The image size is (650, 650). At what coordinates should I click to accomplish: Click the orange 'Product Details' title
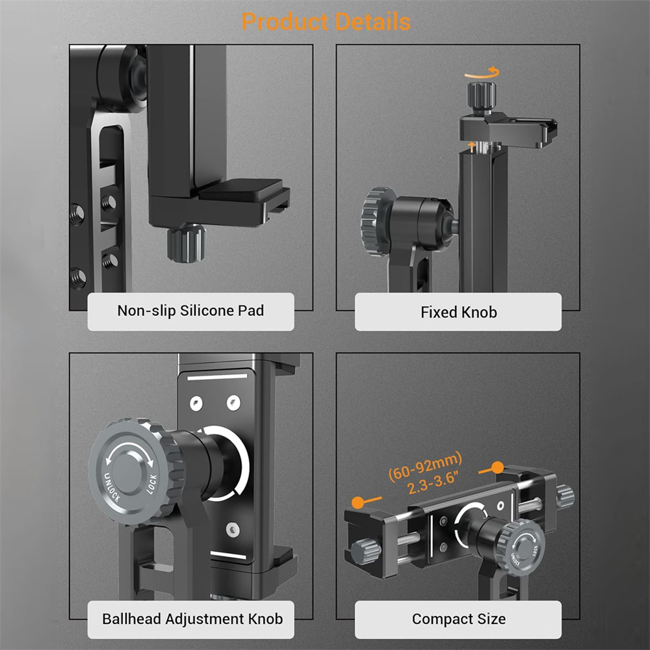326,21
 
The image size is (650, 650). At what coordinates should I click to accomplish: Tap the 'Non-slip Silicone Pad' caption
190,311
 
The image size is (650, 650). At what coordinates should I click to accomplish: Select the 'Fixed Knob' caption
458,312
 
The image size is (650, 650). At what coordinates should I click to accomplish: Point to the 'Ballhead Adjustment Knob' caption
192,619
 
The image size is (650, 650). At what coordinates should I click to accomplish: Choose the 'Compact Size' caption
458,619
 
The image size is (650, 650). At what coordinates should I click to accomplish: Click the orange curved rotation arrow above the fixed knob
483,74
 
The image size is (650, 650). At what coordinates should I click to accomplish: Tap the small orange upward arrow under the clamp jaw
471,146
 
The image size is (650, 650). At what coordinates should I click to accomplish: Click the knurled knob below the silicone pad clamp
186,243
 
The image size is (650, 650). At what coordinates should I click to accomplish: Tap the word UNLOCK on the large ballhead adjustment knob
112,487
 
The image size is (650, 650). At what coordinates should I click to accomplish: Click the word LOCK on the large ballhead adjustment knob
151,484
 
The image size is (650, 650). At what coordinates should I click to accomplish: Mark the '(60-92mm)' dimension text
425,465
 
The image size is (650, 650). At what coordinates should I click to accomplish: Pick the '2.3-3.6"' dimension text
433,482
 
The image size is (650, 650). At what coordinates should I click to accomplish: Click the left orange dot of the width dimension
357,502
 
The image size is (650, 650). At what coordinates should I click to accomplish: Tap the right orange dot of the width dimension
497,468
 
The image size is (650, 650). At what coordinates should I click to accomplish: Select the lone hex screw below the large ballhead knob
233,529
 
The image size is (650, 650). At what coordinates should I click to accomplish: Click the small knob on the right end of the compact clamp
565,496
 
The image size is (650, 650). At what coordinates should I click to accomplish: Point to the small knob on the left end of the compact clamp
365,552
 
